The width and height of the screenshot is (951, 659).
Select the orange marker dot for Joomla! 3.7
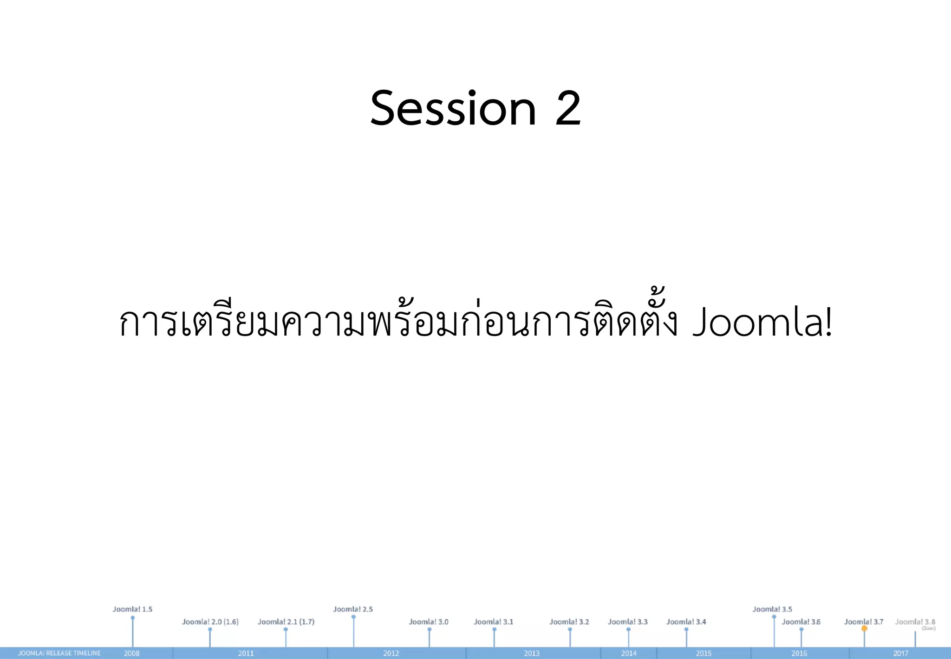864,628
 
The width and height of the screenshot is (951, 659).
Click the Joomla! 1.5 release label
132,609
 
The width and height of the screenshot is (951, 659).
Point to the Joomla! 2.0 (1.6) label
210,622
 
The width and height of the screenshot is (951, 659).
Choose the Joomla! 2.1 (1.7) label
286,622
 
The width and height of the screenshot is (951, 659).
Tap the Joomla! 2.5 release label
353,609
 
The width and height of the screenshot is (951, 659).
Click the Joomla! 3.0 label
429,622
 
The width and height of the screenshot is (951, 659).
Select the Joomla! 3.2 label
569,622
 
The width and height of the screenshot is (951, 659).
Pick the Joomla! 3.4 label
686,622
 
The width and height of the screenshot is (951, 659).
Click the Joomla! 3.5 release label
772,609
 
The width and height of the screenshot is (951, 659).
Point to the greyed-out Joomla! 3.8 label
915,622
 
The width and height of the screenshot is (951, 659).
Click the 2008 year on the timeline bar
131,653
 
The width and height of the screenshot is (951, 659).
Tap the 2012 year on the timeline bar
391,653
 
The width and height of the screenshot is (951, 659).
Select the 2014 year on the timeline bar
629,653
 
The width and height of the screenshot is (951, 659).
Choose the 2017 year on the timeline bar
900,653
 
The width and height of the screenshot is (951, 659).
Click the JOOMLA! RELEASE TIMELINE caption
59,653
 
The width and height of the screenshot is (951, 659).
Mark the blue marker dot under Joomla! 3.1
494,630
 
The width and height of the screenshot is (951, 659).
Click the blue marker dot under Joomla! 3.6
801,630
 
